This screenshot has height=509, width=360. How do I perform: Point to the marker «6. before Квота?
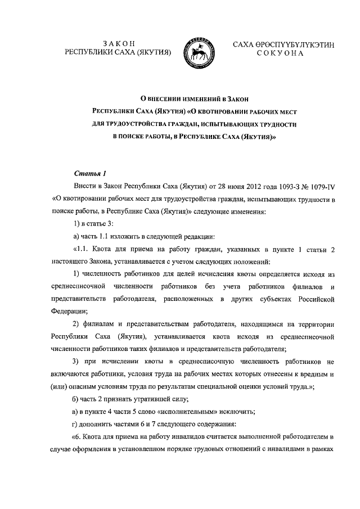pyautogui.click(x=78, y=436)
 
